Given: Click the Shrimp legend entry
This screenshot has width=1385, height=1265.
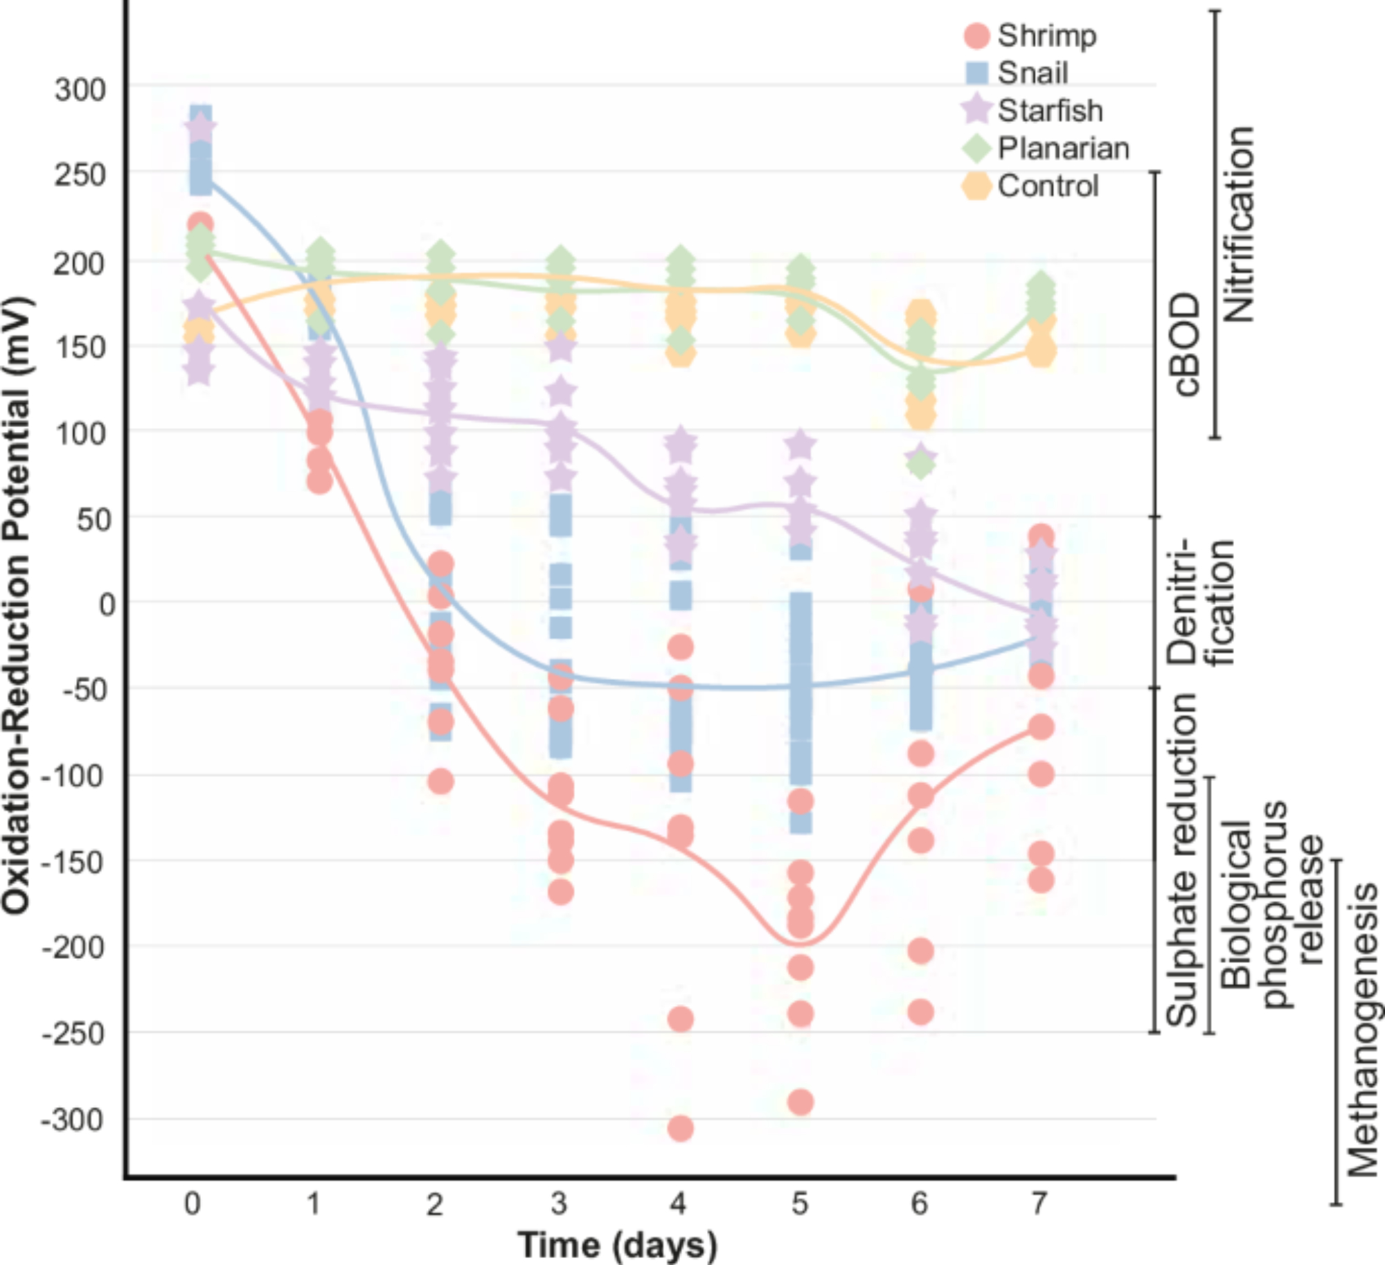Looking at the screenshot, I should coord(1030,35).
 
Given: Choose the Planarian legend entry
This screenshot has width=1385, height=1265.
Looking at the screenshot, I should coord(1046,148).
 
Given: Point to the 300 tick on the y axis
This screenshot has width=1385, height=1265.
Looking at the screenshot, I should coord(80,89).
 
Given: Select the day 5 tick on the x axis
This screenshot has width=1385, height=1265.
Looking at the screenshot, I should coord(800,1204).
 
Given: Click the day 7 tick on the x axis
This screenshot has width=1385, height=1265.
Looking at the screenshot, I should coord(1039,1204).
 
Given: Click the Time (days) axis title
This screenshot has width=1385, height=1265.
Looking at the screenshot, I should coord(617,1244).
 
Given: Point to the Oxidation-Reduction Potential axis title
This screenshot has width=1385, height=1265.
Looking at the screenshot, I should coord(17,604).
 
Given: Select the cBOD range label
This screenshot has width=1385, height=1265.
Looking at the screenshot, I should coord(1186,343).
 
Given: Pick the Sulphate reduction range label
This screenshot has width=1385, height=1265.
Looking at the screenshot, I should coord(1181,859).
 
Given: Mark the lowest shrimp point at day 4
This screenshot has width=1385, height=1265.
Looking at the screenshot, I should coord(680,1129).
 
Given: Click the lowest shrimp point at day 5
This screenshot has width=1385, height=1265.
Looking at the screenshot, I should coord(801,1102).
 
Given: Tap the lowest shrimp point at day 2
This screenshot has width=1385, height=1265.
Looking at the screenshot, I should coord(440,782).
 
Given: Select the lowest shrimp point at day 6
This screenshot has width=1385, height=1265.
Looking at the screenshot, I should coord(920,1012).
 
